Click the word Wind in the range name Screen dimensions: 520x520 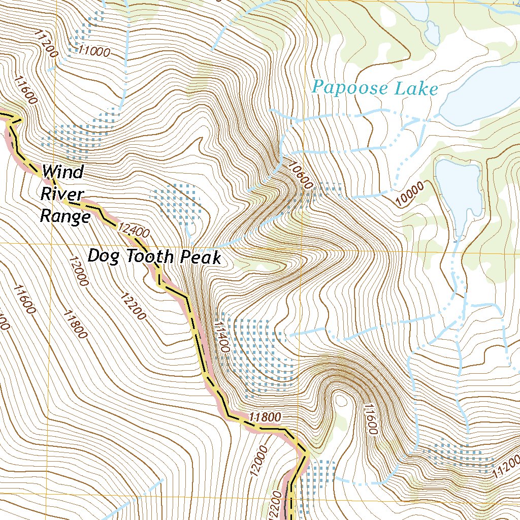tap(63, 172)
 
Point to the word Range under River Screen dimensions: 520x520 tap(65, 216)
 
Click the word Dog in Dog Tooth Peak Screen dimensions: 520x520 tap(105, 256)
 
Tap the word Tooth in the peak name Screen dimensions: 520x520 tap(151, 257)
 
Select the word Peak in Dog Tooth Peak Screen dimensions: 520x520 tap(202, 257)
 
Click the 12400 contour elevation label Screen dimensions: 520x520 tap(133, 231)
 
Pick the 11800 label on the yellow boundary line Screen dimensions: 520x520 tap(265, 417)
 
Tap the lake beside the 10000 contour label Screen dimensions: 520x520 tap(460, 190)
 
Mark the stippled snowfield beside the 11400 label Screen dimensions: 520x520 tap(256, 355)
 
